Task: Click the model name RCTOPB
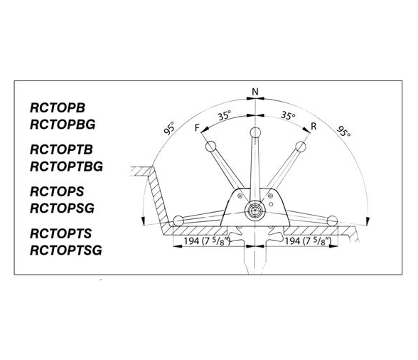(58, 108)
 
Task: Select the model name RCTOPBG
(63, 125)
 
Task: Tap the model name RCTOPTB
(61, 149)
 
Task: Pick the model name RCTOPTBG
(66, 166)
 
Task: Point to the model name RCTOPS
(57, 191)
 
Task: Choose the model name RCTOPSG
(62, 208)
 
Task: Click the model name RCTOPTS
(61, 233)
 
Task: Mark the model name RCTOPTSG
(66, 250)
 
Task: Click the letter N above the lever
(255, 92)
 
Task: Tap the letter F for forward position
(197, 128)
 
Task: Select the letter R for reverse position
(313, 126)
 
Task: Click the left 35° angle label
(224, 115)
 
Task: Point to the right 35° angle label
(288, 115)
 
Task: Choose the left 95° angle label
(169, 127)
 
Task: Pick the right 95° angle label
(343, 131)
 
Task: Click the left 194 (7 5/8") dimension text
(207, 241)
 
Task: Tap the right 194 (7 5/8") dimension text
(308, 241)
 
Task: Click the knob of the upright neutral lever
(255, 132)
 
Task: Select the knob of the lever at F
(210, 147)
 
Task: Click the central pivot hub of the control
(254, 211)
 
